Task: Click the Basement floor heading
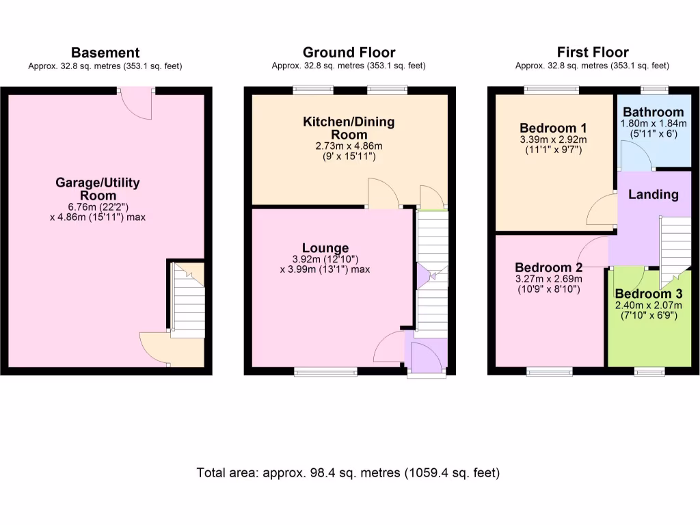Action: (x=105, y=53)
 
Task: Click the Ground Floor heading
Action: (x=349, y=53)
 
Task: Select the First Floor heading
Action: (x=592, y=53)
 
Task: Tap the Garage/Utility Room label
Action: (x=98, y=189)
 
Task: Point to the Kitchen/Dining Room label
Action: (x=349, y=129)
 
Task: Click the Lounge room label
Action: (x=325, y=248)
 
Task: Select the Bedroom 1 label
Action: (x=553, y=128)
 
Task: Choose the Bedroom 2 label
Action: (x=548, y=267)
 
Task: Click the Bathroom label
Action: (x=653, y=112)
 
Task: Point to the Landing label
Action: (x=653, y=195)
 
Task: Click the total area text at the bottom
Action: (x=349, y=472)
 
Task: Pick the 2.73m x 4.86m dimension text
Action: (x=349, y=146)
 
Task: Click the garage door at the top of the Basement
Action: (x=136, y=103)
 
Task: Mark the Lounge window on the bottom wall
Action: (x=325, y=372)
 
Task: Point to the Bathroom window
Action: (x=654, y=89)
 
